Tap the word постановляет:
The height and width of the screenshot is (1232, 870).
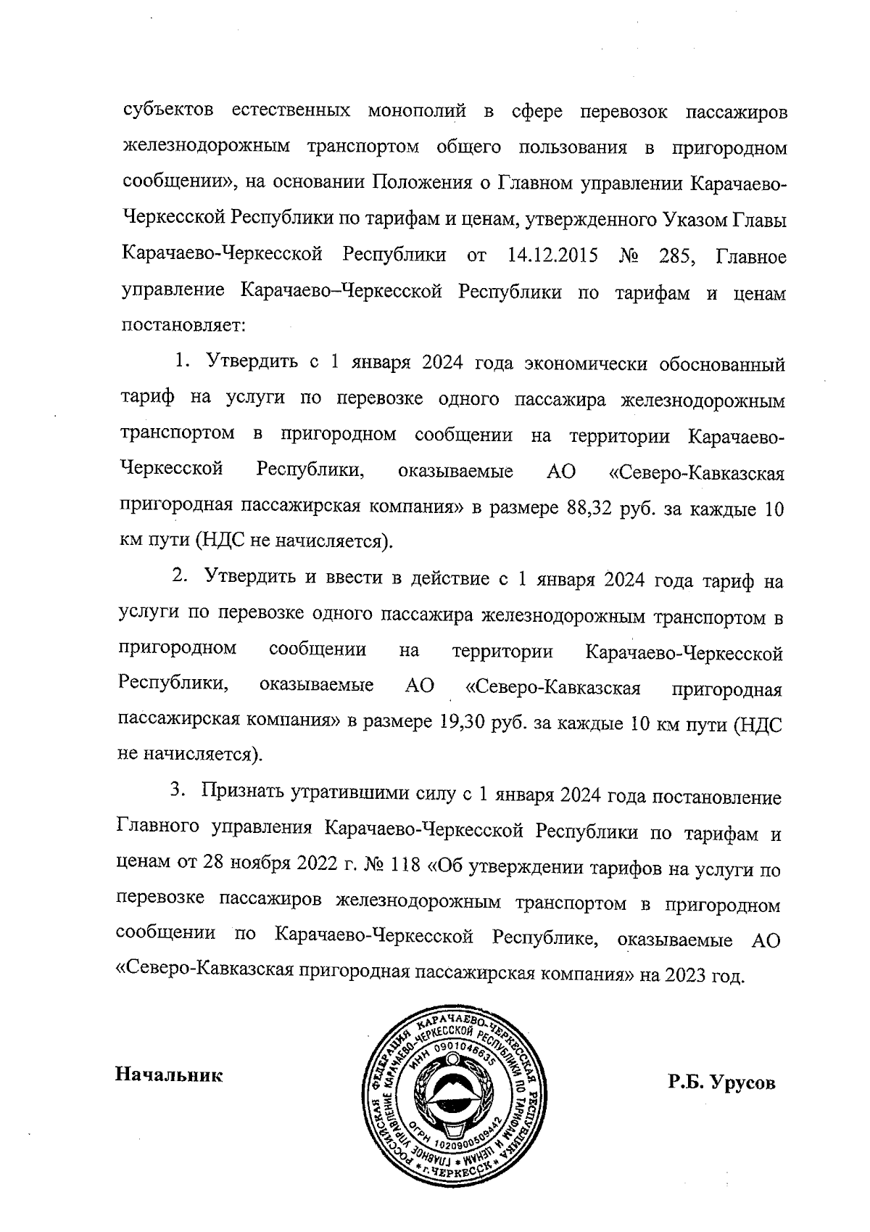[183, 326]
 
